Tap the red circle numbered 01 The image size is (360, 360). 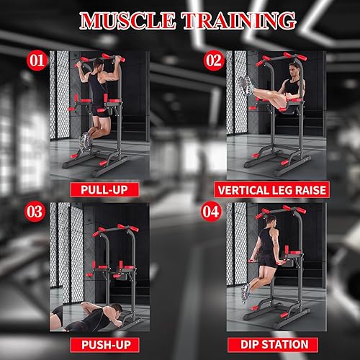(x=37, y=60)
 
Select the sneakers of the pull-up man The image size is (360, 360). (x=86, y=140)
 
